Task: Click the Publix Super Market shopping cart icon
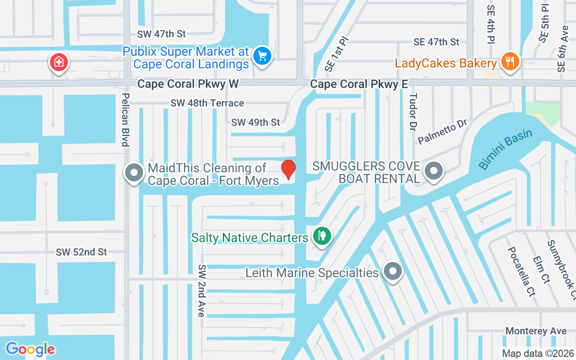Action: (x=262, y=57)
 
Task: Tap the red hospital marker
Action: (x=58, y=62)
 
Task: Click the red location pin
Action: (x=288, y=169)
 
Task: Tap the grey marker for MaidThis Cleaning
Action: (x=134, y=173)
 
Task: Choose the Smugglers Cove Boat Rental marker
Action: (x=434, y=171)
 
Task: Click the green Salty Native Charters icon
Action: (x=322, y=235)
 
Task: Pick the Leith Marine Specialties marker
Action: (x=393, y=271)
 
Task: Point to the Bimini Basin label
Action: (x=505, y=149)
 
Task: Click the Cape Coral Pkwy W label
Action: (x=188, y=84)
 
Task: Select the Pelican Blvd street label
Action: (x=126, y=120)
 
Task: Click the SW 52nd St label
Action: (x=81, y=252)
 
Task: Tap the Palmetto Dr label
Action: (x=443, y=132)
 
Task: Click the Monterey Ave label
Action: (x=535, y=331)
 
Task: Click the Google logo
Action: (x=30, y=349)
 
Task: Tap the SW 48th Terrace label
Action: (x=207, y=103)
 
